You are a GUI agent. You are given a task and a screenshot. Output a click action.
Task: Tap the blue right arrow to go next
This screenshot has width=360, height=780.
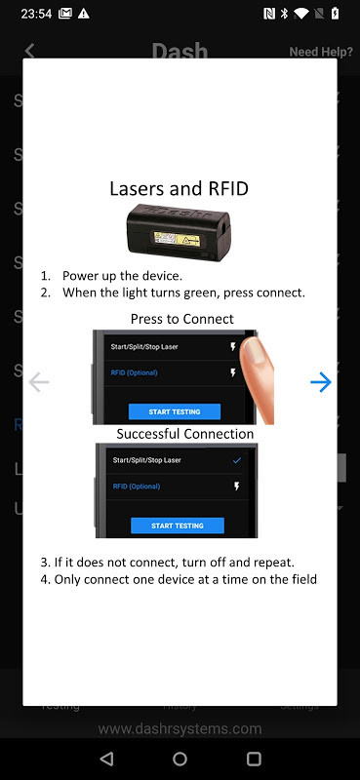[320, 382]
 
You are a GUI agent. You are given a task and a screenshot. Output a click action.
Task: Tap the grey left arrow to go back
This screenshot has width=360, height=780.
[39, 382]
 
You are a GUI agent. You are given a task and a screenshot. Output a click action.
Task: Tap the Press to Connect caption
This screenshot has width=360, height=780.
[182, 319]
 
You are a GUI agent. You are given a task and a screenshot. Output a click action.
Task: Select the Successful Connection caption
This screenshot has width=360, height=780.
[185, 434]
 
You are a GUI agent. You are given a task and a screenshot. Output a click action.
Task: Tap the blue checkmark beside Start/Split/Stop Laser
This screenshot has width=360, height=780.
[237, 460]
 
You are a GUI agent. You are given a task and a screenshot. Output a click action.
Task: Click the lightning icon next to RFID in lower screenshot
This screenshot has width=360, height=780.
[237, 487]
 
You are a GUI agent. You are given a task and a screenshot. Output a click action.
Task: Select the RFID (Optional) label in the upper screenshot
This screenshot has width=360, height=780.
[135, 372]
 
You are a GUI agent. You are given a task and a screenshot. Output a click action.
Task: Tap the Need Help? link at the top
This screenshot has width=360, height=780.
[320, 52]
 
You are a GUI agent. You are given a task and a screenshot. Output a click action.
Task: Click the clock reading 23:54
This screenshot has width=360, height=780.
[35, 14]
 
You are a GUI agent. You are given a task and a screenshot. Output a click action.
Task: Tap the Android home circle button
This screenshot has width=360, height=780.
[180, 759]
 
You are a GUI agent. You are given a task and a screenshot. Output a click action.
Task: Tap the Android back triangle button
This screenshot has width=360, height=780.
[106, 759]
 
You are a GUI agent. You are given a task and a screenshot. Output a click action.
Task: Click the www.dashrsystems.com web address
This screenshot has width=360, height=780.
[180, 728]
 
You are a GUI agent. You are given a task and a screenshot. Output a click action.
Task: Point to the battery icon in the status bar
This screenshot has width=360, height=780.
[335, 14]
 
